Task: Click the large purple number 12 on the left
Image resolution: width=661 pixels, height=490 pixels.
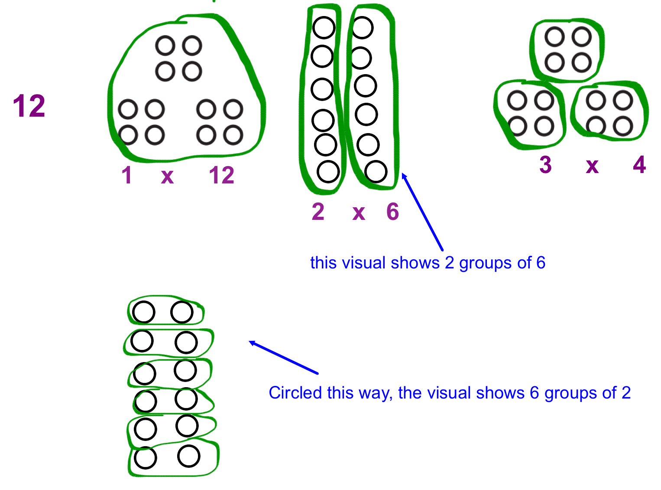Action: [x=29, y=106]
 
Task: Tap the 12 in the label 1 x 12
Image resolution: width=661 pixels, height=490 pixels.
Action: [x=221, y=176]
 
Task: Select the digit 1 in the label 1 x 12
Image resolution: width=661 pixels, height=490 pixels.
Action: [x=126, y=176]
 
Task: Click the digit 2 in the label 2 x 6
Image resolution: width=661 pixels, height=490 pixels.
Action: [x=318, y=212]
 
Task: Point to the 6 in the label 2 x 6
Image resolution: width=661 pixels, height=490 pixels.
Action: [x=392, y=212]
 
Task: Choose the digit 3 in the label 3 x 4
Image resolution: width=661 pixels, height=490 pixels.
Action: [x=545, y=165]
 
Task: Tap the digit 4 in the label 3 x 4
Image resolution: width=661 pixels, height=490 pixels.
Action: [x=639, y=165]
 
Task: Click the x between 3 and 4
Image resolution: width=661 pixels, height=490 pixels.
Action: [x=592, y=166]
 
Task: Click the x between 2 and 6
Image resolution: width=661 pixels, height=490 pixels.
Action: [x=359, y=213]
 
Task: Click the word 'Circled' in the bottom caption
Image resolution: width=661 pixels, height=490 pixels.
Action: [x=295, y=393]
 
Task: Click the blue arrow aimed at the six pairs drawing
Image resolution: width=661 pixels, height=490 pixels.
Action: [x=284, y=358]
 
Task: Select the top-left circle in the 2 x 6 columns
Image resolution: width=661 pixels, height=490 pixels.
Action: [x=324, y=28]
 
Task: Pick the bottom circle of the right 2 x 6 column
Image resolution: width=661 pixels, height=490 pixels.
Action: [x=376, y=172]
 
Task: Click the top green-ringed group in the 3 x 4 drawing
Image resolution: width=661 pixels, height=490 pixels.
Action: [x=567, y=50]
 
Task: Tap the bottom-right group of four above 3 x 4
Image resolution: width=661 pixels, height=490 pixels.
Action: [x=609, y=113]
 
